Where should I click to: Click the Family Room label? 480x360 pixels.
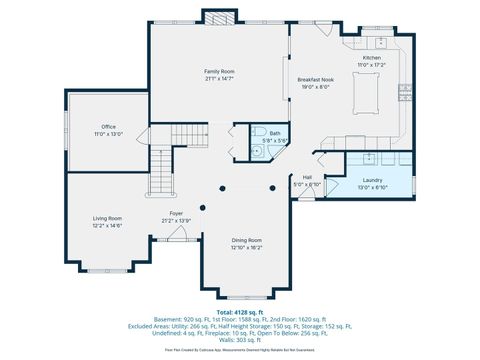click(x=219, y=72)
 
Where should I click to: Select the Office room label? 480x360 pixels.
click(x=109, y=127)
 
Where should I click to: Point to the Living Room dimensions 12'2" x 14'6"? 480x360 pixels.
click(x=108, y=226)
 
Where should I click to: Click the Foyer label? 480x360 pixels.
click(x=176, y=213)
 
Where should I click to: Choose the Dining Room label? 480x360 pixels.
click(x=246, y=240)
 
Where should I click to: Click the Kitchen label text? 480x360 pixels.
click(x=371, y=58)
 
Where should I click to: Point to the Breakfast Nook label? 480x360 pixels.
click(x=315, y=79)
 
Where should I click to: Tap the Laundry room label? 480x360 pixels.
click(x=372, y=180)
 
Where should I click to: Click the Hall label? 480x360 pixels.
click(x=307, y=178)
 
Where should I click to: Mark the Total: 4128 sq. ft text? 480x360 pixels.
click(x=240, y=311)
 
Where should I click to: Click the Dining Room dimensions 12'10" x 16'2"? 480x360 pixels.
click(x=246, y=247)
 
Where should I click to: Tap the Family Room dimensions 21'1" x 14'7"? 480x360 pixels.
click(x=219, y=79)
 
